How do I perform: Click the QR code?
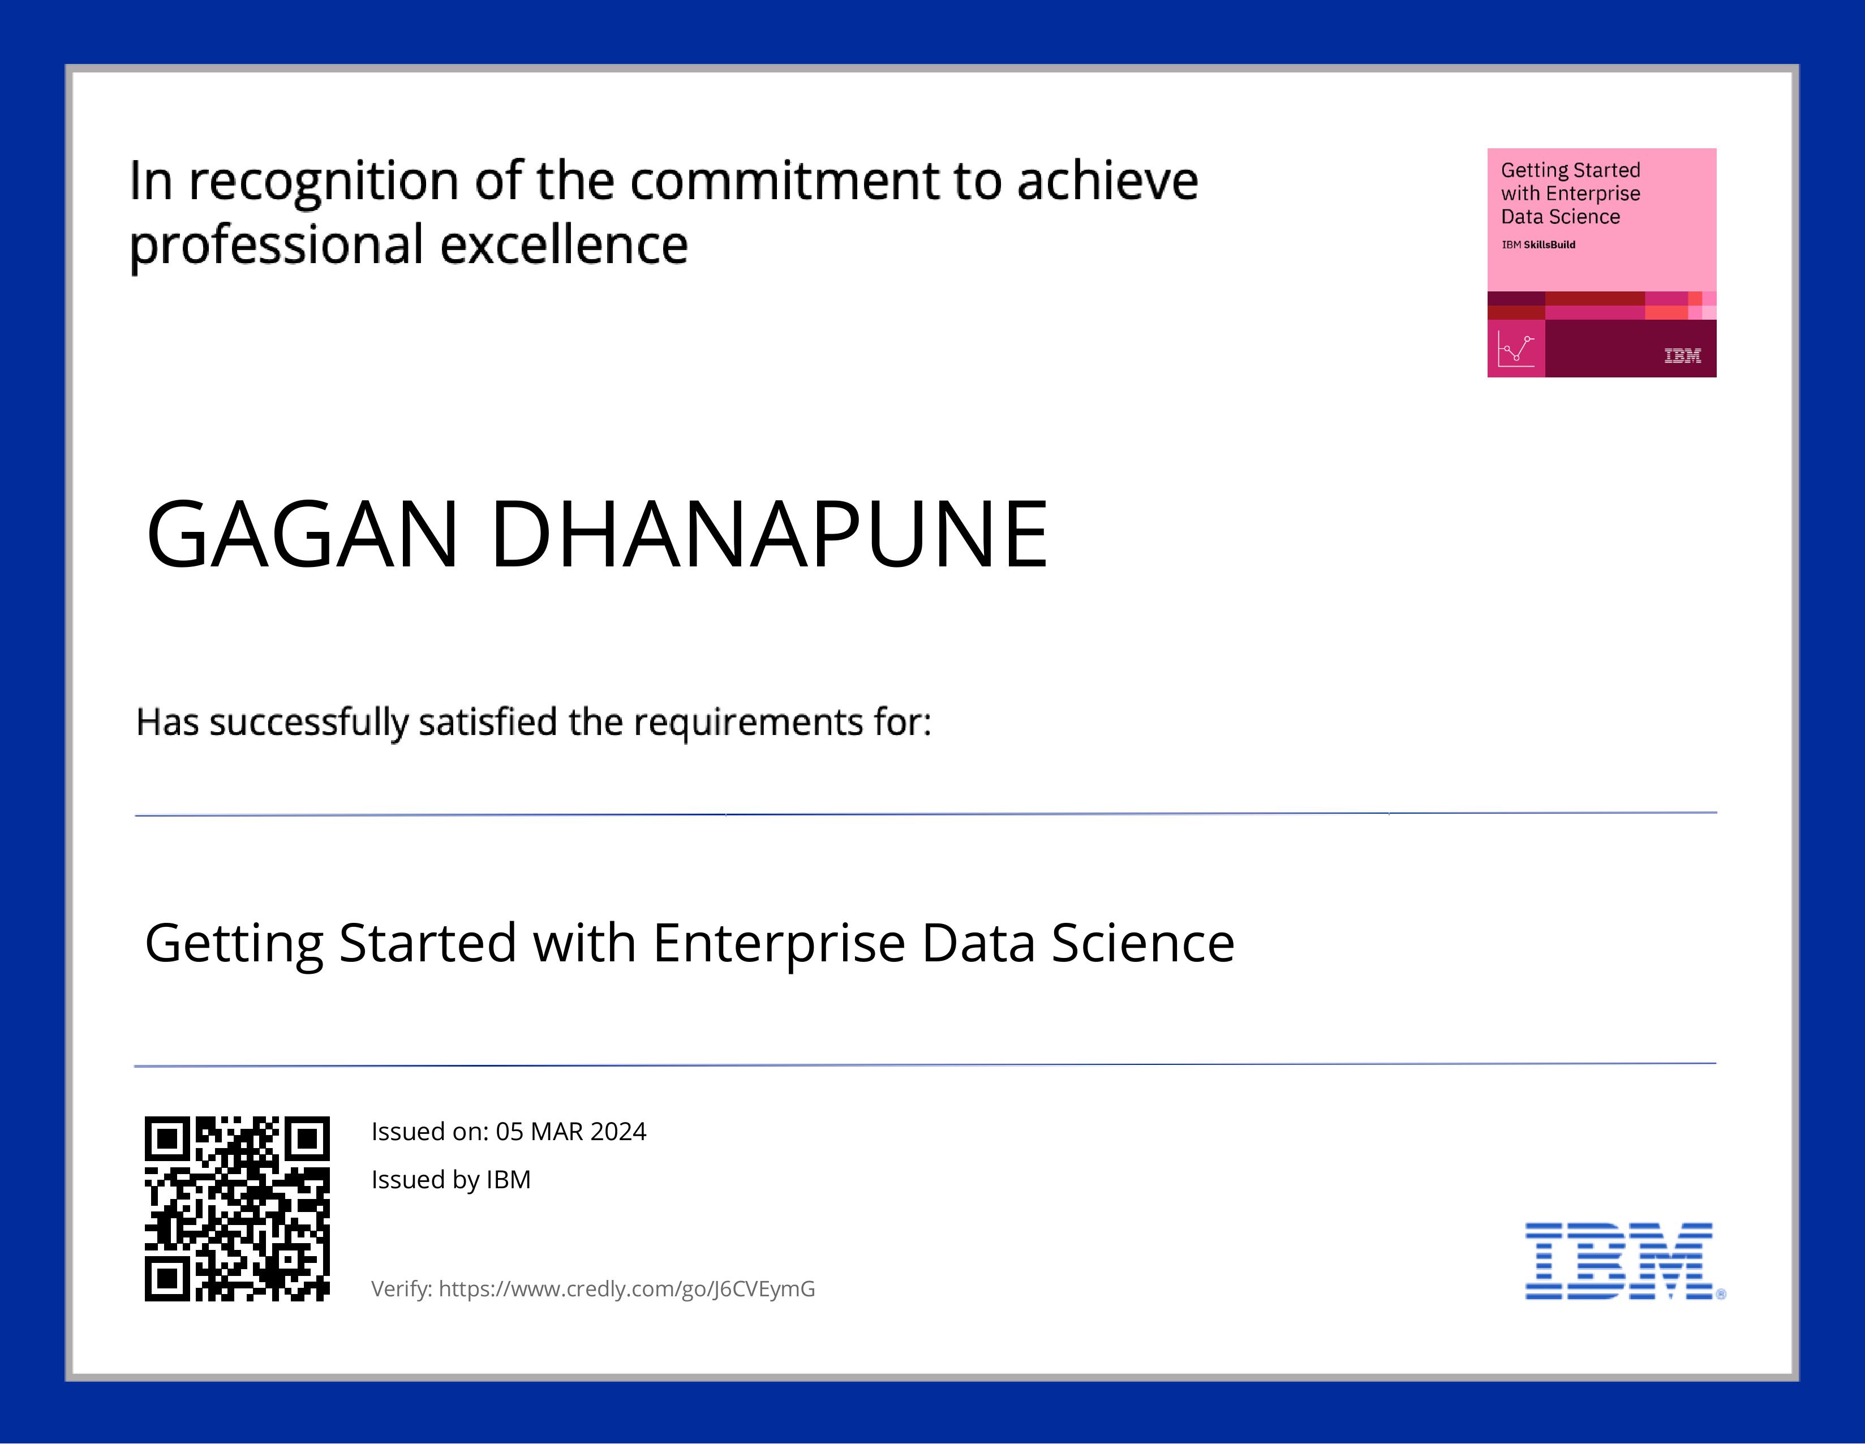tap(237, 1208)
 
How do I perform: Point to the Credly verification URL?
tap(627, 1288)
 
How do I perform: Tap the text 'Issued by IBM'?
tap(451, 1179)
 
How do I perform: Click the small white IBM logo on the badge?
tap(1682, 355)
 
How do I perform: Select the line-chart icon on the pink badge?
tap(1516, 349)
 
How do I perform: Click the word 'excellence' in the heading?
tap(564, 245)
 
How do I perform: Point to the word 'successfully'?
tap(308, 723)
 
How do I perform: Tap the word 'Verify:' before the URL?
tap(401, 1288)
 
